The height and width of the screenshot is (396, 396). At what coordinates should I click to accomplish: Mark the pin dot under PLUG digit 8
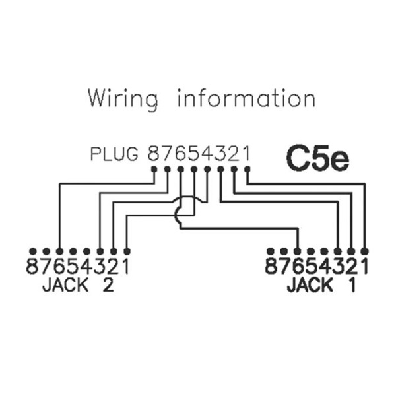[154, 169]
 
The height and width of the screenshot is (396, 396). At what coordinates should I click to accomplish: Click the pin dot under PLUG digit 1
[247, 169]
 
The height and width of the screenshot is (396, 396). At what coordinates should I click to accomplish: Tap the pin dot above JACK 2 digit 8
[32, 251]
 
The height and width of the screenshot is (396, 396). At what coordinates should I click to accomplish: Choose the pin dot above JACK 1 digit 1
[364, 251]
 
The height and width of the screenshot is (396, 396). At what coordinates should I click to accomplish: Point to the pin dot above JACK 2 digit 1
[127, 251]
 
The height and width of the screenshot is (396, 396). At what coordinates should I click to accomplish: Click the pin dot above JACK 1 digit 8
[271, 251]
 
